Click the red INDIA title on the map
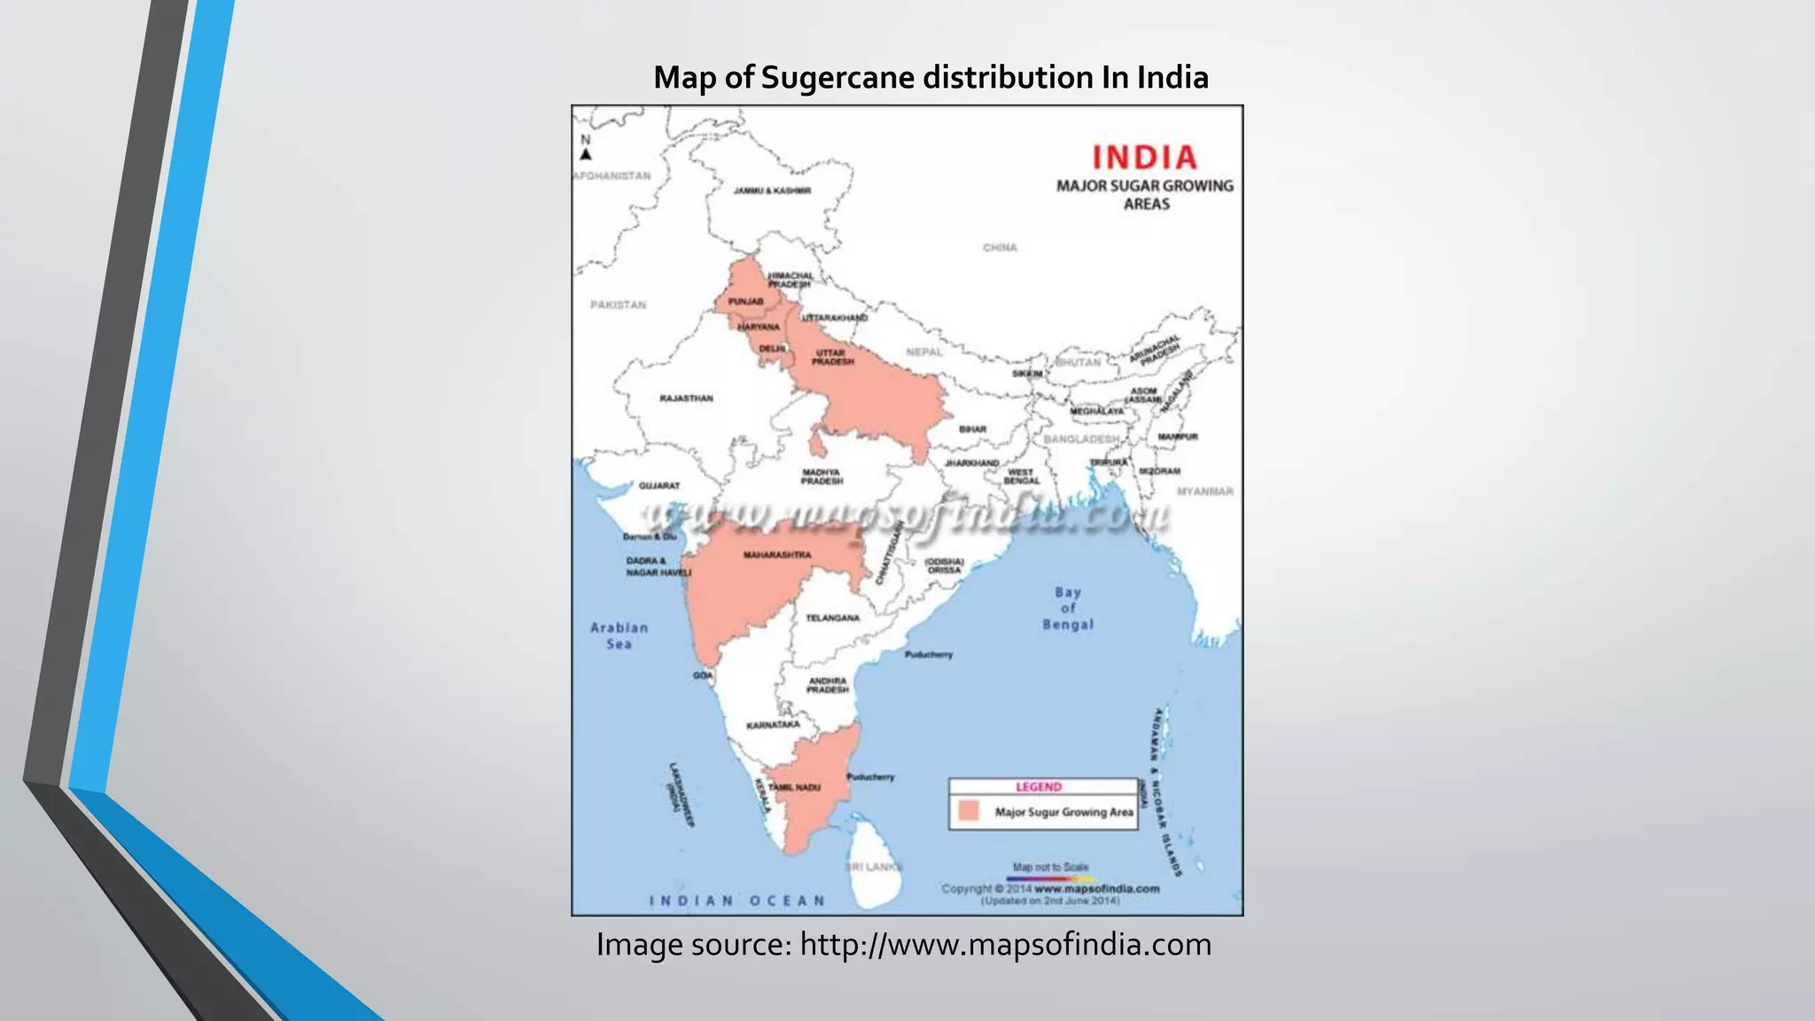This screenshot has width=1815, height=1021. tap(1144, 158)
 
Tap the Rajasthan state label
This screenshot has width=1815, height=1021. tap(686, 399)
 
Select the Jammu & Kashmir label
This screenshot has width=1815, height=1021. tap(772, 191)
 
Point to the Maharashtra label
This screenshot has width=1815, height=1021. tap(776, 555)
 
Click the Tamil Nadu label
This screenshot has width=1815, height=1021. tap(794, 787)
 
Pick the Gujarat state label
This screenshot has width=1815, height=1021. tap(659, 486)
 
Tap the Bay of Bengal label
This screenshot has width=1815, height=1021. tap(1068, 608)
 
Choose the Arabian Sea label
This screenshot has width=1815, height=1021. tap(619, 635)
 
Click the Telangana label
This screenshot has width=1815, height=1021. tap(832, 618)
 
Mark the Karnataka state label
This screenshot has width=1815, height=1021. tap(773, 725)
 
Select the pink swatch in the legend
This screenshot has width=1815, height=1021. tap(969, 811)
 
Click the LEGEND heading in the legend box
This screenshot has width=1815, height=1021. tap(1038, 787)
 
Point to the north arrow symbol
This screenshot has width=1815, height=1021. tap(586, 154)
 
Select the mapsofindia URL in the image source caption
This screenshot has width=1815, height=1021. tap(1005, 945)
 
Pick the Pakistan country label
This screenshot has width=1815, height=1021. tap(618, 305)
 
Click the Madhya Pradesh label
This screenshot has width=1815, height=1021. tap(822, 477)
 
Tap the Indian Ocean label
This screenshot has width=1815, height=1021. tap(737, 900)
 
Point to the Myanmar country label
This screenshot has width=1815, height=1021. tap(1204, 491)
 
